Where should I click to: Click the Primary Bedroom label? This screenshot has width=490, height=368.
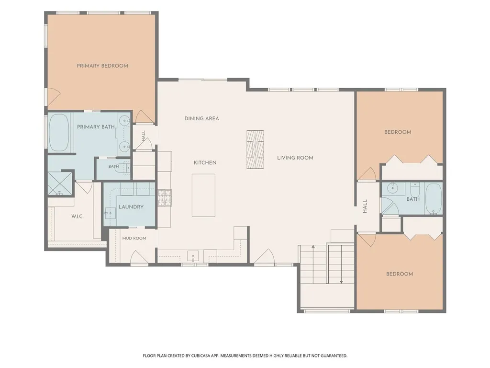102,66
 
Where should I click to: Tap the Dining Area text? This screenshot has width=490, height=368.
201,119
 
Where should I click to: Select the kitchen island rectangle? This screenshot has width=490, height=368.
203,195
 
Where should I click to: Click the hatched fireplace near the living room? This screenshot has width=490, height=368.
255,149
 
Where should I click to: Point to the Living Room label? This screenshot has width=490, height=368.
295,158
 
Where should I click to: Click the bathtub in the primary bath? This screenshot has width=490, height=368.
59,132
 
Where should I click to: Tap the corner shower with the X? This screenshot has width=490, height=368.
60,183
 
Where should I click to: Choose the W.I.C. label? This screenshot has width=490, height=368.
78,216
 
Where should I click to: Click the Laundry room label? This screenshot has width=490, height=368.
131,207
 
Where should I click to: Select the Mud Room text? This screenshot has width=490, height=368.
134,238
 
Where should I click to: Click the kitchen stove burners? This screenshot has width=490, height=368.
165,198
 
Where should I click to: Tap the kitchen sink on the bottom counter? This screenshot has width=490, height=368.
193,256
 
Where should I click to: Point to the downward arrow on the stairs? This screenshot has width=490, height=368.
342,264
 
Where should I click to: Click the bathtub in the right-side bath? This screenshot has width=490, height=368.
434,198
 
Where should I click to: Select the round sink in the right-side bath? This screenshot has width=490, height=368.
392,188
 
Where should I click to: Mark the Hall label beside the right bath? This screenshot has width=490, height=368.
365,206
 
